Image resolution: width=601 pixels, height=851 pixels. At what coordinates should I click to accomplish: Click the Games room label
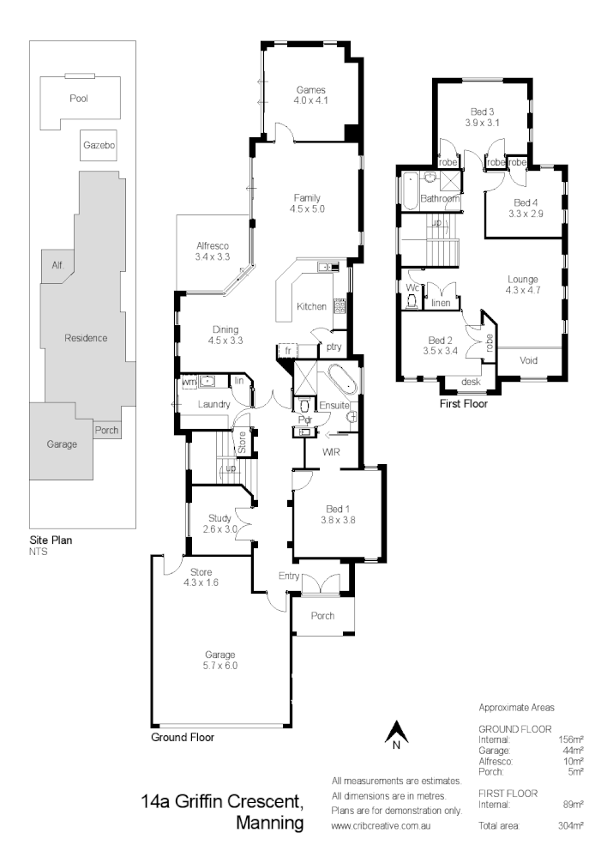point(311,89)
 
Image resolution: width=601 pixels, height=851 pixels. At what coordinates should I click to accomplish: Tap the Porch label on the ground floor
point(322,616)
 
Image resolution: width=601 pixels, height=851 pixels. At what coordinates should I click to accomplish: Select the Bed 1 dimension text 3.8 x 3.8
point(337,519)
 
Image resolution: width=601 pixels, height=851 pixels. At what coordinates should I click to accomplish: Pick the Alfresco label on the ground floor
point(212,245)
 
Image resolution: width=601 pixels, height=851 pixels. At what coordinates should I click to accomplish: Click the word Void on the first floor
point(530,360)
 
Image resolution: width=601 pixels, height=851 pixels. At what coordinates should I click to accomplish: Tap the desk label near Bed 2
point(470,382)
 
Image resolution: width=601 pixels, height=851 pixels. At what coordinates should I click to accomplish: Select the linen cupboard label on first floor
point(442,303)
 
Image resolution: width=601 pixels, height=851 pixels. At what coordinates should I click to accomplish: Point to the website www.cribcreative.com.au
point(392,826)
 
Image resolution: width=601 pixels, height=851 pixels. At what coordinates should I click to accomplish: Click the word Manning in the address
point(268,824)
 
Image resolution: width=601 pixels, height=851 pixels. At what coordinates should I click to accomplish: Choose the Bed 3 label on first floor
point(482,112)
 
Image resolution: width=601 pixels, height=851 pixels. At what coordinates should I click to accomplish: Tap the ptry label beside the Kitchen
point(334,347)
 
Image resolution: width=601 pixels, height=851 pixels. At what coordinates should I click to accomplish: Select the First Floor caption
point(463,402)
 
